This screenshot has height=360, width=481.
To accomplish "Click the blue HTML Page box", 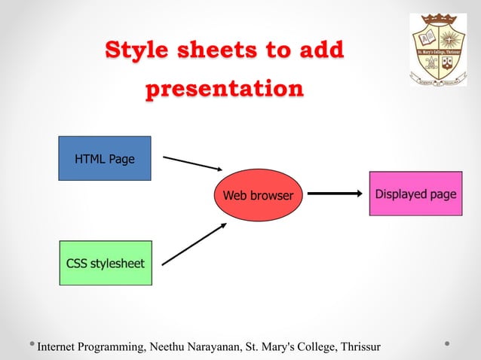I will pos(105,158).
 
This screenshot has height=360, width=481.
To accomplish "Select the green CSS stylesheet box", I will pos(106,263).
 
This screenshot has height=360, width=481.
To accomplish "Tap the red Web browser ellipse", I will pos(258,195).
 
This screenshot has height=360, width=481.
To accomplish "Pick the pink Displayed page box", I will pos(415,194).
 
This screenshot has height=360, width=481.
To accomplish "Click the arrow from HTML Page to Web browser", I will pos(192,164).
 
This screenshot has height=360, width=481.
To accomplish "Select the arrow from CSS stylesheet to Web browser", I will pos(194,244).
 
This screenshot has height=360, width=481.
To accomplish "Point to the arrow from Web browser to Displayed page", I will pos(335,194).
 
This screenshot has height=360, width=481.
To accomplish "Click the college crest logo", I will pos(438,50).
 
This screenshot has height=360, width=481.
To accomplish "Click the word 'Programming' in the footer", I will pos(115,346).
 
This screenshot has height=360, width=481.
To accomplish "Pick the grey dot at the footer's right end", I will pos(448,345).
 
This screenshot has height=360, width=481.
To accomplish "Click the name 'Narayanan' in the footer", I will pos(219,346).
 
